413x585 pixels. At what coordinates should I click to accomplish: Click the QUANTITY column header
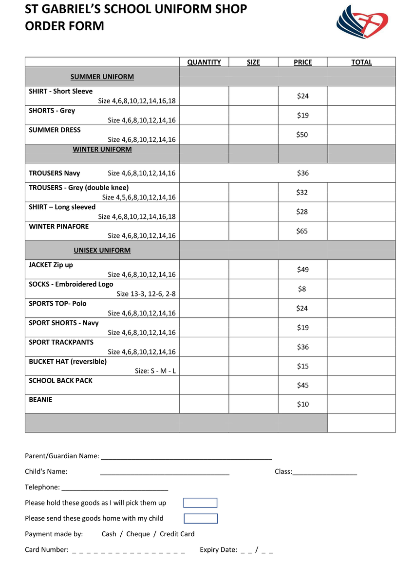[x=204, y=62]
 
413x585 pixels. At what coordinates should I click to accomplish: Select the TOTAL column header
[x=361, y=62]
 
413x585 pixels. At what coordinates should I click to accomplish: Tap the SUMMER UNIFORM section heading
[x=102, y=77]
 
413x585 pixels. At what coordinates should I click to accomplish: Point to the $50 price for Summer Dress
[x=302, y=135]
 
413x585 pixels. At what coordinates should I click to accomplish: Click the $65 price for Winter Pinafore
[x=302, y=231]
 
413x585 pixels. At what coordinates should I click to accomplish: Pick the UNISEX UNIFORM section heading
[x=102, y=250]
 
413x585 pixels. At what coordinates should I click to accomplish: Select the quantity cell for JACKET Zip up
[x=204, y=270]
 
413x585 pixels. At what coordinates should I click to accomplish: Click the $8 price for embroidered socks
[x=302, y=289]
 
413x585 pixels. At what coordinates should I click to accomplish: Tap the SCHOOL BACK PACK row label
[x=60, y=380]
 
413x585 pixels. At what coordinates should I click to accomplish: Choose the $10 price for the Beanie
[x=302, y=404]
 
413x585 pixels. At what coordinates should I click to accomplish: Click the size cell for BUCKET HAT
[x=253, y=366]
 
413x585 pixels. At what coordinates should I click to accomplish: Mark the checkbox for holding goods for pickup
[x=200, y=503]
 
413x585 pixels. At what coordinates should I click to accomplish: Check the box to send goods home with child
[x=201, y=519]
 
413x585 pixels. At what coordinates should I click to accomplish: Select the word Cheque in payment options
[x=138, y=534]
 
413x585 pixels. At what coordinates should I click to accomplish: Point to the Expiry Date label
[x=218, y=550]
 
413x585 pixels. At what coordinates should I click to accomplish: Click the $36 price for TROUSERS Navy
[x=302, y=173]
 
